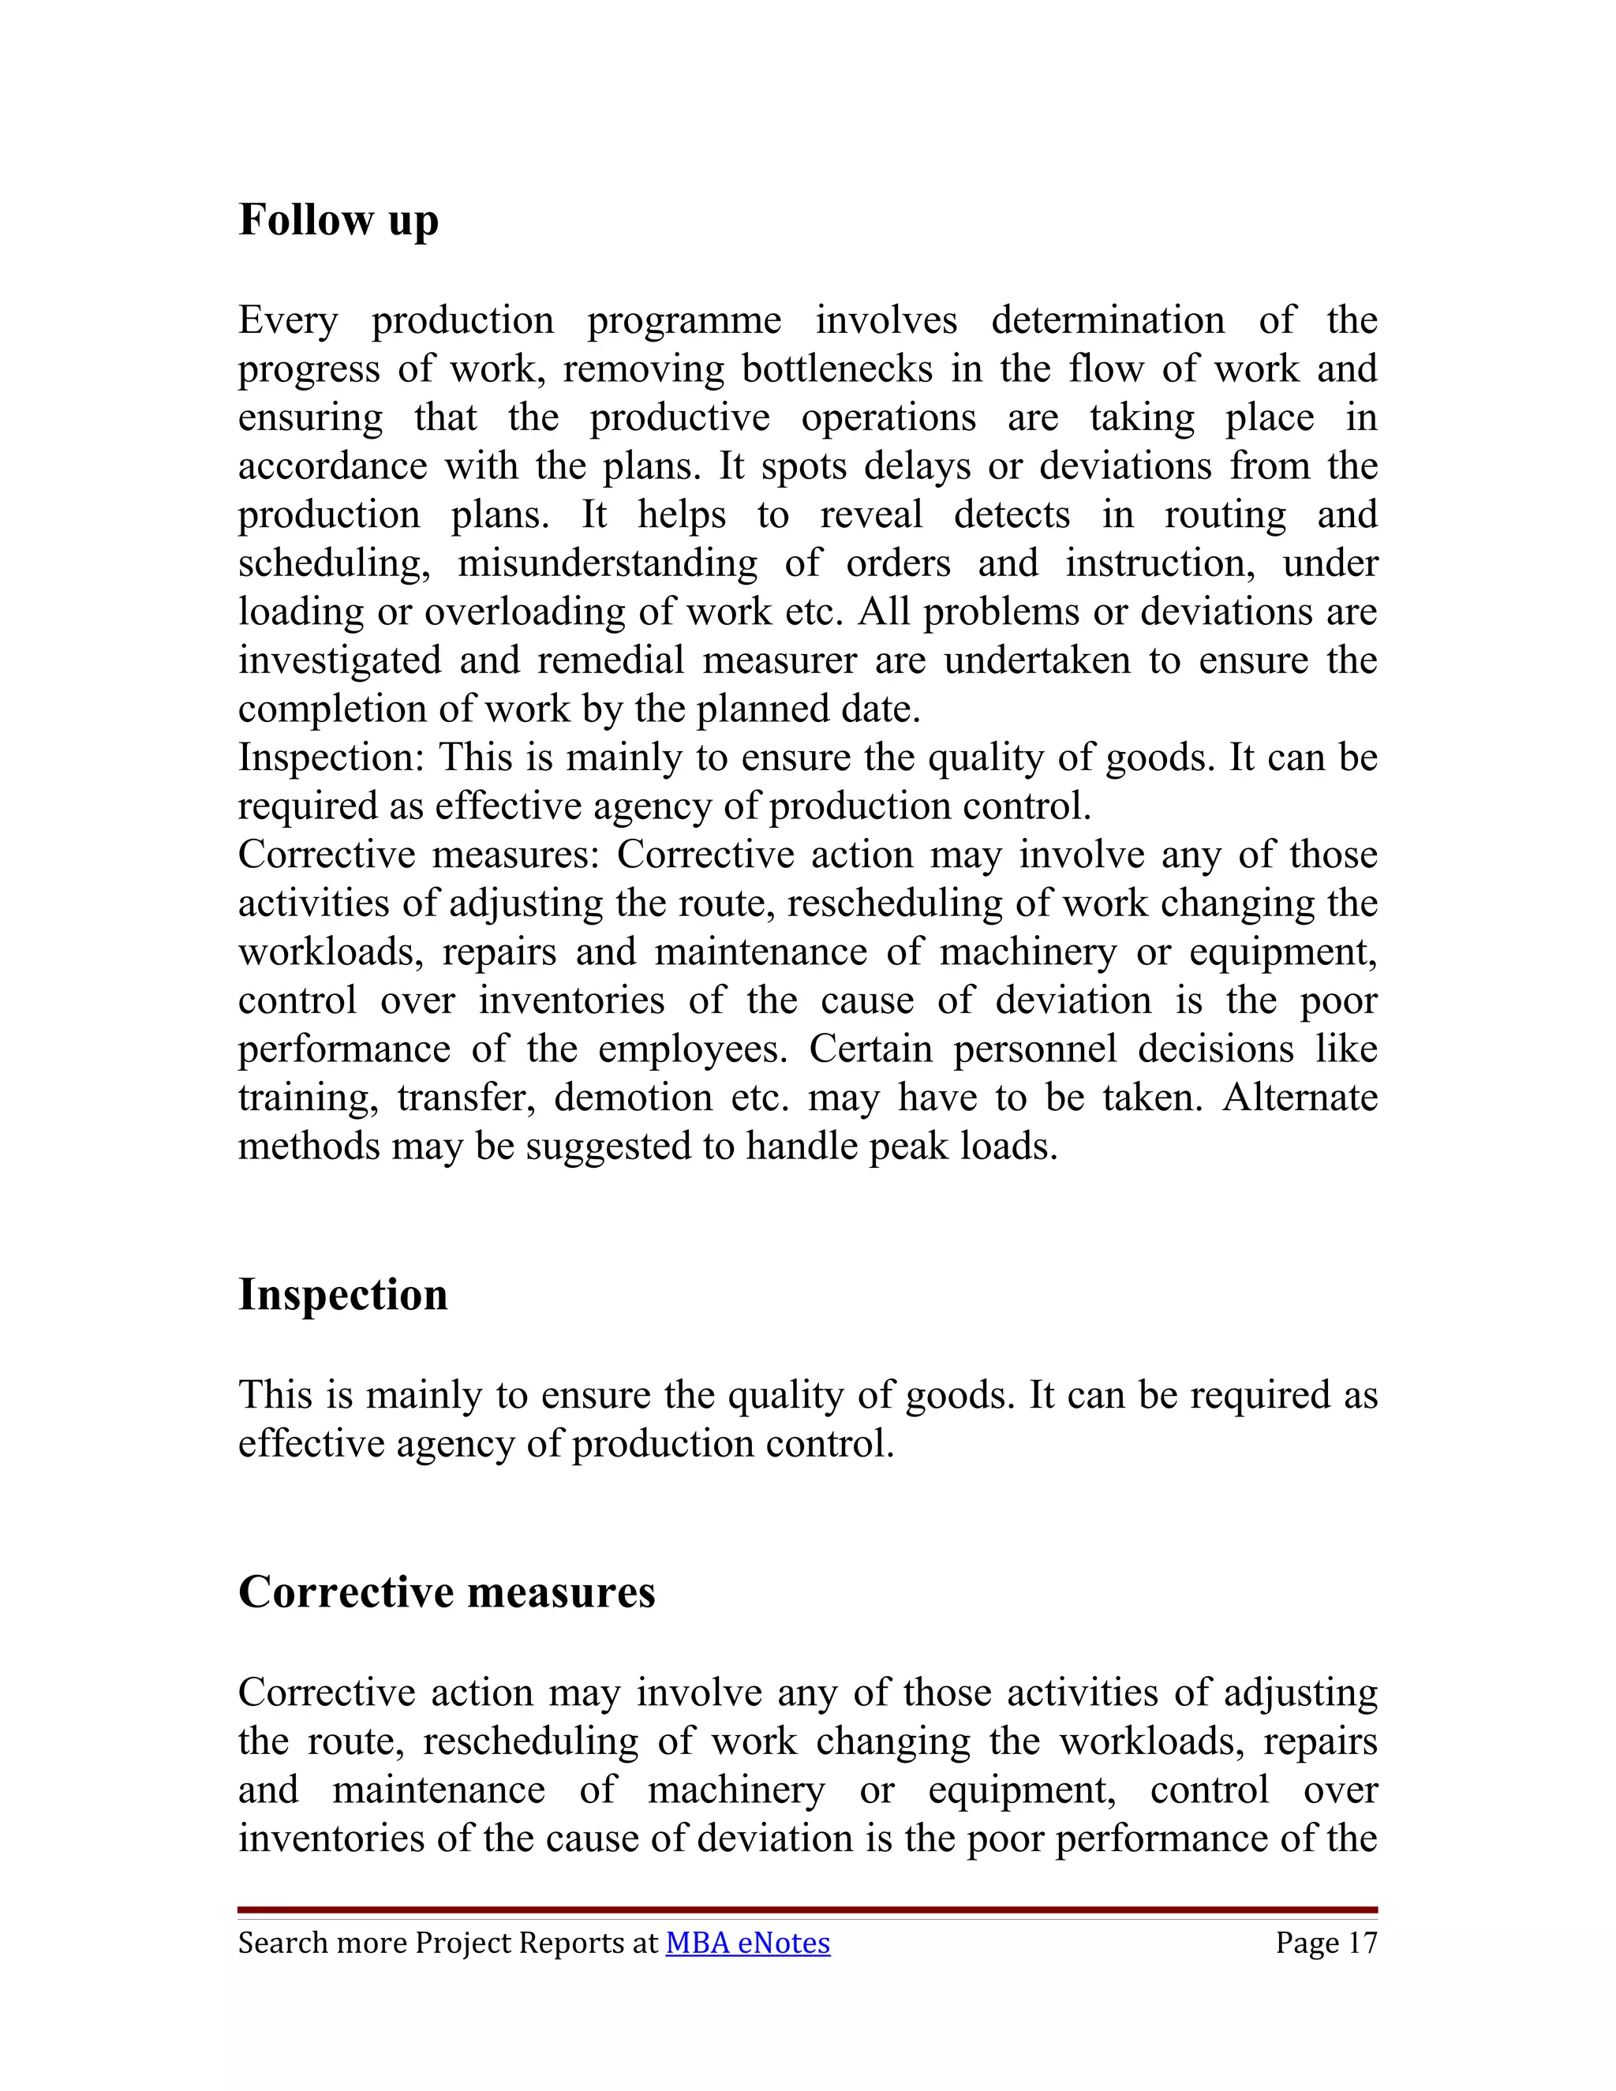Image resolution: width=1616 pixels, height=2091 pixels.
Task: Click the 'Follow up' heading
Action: point(338,220)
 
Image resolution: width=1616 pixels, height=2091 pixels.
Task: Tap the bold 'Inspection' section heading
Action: point(342,1294)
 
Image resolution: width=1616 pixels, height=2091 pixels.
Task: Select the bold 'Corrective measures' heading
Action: point(446,1592)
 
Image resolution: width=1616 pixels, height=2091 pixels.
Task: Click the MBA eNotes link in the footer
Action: point(748,1943)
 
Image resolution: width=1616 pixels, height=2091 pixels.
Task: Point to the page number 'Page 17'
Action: point(1326,1943)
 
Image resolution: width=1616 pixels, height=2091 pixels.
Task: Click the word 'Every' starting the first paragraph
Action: point(287,320)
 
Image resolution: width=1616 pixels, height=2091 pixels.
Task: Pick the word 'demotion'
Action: point(633,1098)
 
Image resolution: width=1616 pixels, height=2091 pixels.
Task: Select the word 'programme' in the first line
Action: point(683,320)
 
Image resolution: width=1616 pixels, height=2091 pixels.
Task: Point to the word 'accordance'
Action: point(332,466)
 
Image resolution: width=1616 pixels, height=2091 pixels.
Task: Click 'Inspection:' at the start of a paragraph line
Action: point(331,757)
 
